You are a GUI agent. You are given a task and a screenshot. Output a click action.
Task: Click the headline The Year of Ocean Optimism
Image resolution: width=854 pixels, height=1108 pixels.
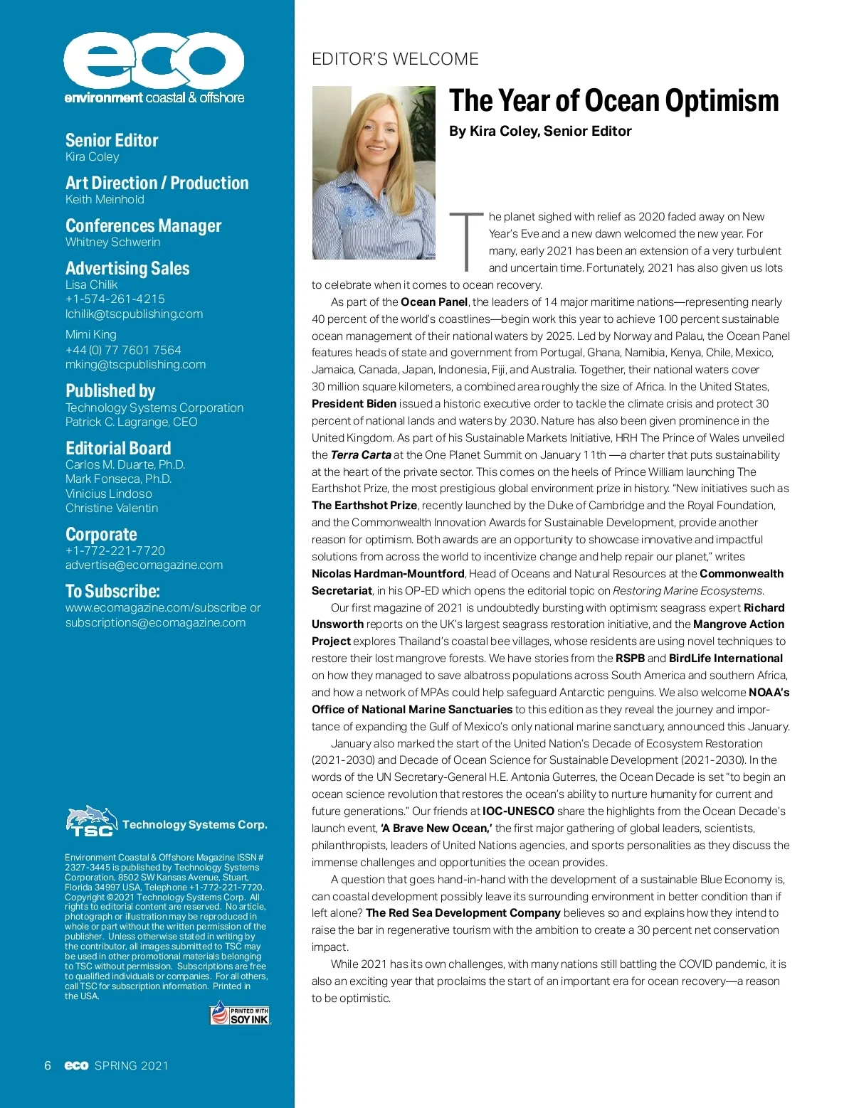tap(613, 101)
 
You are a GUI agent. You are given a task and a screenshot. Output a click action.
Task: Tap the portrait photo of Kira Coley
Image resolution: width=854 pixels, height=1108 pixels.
tap(374, 173)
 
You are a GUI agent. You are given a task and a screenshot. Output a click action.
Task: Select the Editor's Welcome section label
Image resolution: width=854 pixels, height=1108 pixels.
tap(395, 59)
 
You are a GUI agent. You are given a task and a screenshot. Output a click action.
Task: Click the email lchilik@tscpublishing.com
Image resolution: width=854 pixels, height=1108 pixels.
tap(134, 314)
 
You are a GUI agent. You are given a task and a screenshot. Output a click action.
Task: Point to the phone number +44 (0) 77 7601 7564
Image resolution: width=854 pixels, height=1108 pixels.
tap(123, 350)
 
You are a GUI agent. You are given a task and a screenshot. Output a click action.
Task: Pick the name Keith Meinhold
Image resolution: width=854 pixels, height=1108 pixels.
tap(105, 199)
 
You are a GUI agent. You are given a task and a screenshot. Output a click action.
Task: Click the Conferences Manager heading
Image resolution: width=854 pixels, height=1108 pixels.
tap(143, 225)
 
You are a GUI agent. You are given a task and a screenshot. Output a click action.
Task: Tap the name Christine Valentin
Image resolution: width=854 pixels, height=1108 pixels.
tap(112, 508)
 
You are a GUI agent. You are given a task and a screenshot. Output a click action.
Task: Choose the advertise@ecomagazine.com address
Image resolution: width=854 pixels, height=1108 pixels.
tap(144, 565)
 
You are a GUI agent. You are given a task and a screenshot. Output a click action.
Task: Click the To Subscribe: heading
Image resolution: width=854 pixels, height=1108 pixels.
tap(112, 591)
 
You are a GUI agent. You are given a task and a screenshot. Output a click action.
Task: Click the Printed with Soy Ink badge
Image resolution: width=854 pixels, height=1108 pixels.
tap(240, 1014)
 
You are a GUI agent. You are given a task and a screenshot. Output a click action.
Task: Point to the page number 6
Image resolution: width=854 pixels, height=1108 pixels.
tap(48, 1065)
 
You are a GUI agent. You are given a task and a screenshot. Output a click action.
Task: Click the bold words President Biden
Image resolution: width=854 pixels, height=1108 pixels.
tap(354, 403)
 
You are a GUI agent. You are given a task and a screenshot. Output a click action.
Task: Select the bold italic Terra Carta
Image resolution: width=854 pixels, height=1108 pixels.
tap(361, 454)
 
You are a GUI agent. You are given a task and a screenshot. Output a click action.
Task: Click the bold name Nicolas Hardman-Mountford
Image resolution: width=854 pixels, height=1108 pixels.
tap(388, 573)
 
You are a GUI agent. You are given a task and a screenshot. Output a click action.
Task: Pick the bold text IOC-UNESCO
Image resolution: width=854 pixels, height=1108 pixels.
tap(518, 811)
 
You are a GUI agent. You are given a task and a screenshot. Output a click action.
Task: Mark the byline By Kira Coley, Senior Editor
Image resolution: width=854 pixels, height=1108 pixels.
tap(540, 131)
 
